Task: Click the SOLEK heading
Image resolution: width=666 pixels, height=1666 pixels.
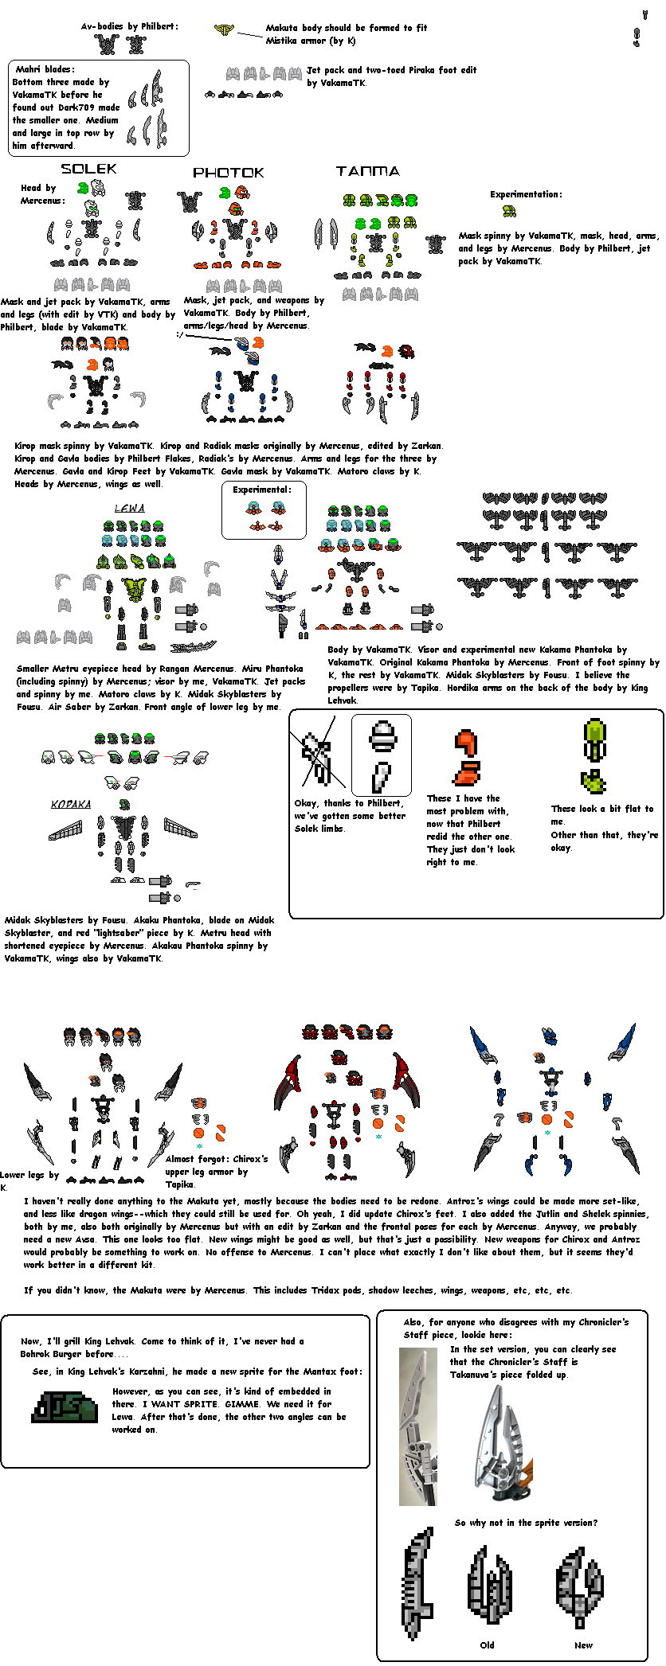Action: (x=88, y=169)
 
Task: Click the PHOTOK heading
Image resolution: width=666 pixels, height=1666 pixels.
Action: (x=228, y=172)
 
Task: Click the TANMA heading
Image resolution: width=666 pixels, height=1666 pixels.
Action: (x=367, y=171)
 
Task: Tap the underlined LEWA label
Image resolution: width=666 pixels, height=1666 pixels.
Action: (x=129, y=508)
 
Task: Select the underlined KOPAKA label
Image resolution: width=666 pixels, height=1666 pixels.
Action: (x=71, y=804)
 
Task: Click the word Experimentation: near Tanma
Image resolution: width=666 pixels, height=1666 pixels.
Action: (x=526, y=194)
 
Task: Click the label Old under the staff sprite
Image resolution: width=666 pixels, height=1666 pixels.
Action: (x=487, y=1645)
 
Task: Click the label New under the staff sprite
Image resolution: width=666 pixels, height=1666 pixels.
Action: (x=583, y=1645)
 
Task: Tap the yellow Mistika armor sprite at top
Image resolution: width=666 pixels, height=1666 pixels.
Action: (x=225, y=30)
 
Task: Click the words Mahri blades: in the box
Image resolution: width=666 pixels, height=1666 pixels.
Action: (x=45, y=69)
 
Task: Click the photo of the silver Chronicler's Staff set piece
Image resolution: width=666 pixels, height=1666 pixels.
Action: (x=418, y=1425)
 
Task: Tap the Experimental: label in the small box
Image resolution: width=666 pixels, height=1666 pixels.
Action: (x=262, y=490)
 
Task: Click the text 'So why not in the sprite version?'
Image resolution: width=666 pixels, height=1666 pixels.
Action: (x=526, y=1522)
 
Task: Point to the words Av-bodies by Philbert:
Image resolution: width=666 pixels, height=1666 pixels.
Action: (x=129, y=26)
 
